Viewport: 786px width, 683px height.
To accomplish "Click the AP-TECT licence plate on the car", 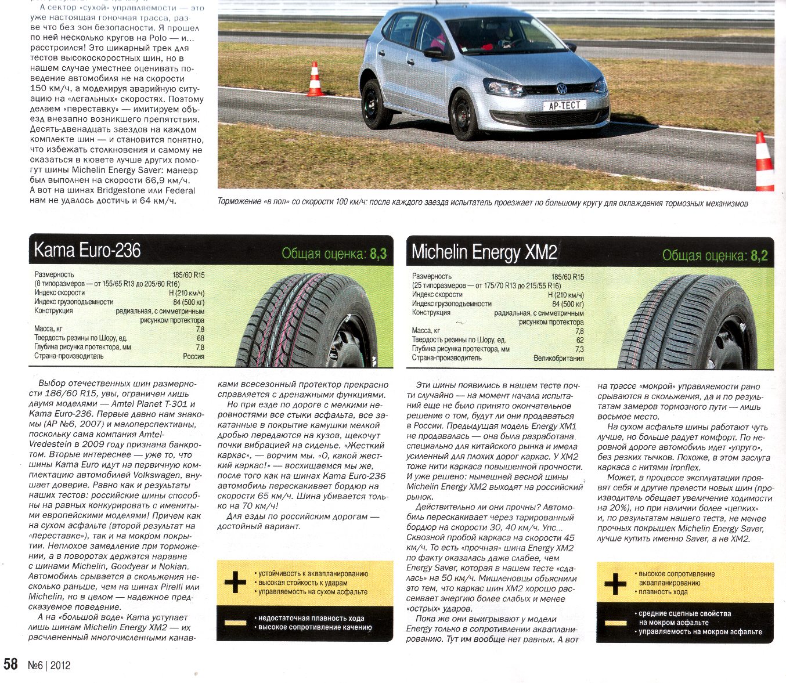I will [x=564, y=105].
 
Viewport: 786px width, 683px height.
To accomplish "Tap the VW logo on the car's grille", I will [x=561, y=88].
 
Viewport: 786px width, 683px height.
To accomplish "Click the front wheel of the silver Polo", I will [x=464, y=115].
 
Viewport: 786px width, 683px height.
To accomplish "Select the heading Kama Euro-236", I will [x=87, y=250].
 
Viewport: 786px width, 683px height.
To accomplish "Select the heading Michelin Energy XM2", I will [x=484, y=252].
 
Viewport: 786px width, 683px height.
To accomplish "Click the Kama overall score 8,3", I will [x=378, y=254].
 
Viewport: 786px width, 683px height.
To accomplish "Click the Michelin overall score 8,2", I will [x=759, y=255].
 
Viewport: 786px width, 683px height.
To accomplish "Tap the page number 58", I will [x=12, y=664].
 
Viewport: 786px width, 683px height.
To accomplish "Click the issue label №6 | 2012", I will [x=49, y=665].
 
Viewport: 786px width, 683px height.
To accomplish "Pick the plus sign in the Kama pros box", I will [x=235, y=582].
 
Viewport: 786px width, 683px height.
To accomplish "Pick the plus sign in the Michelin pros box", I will [x=615, y=583].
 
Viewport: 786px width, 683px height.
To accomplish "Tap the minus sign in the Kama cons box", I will [x=235, y=622].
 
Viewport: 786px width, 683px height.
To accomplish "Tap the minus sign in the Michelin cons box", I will [x=615, y=623].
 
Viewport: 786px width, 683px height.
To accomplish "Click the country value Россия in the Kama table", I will [x=193, y=356].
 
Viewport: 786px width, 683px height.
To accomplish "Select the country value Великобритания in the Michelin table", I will [x=558, y=358].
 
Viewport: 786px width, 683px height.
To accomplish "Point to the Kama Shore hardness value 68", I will [x=200, y=338].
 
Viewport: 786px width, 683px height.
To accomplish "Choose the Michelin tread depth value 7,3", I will [x=579, y=349].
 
